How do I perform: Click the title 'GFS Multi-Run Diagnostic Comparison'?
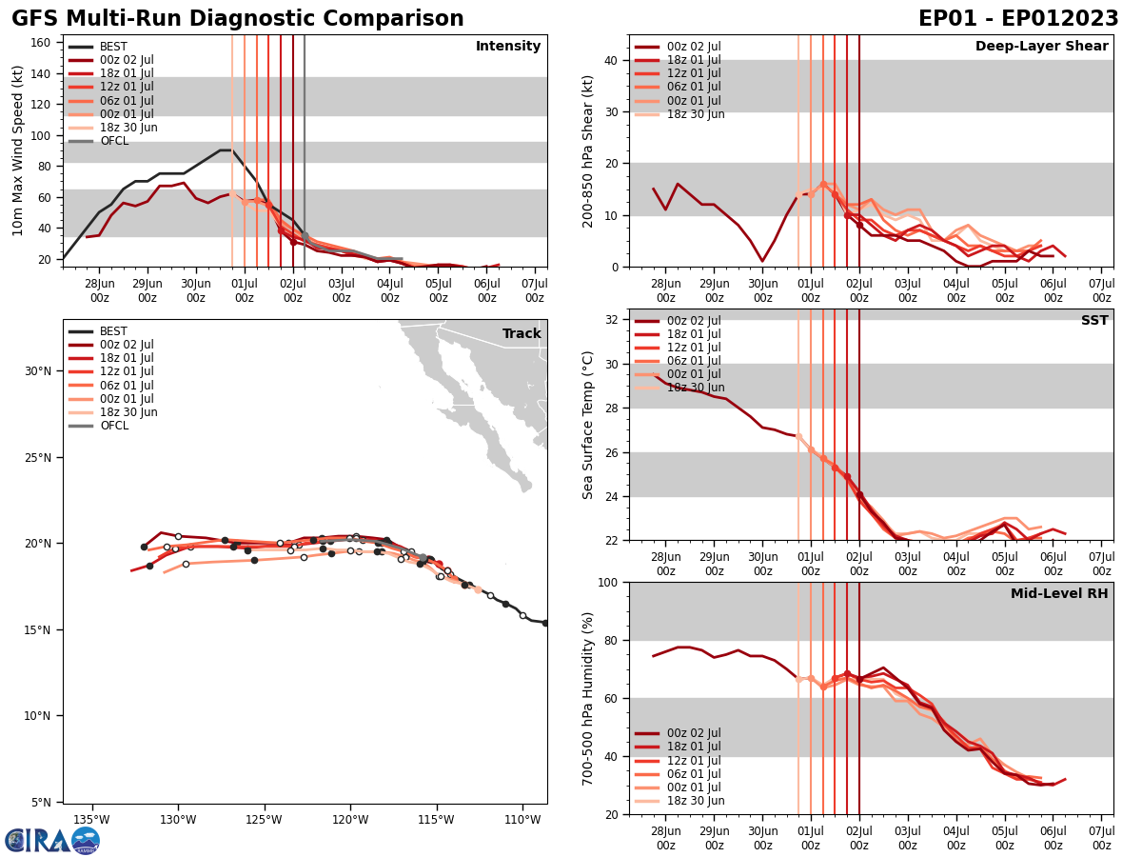coord(237,19)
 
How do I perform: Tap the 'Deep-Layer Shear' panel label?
coord(1041,47)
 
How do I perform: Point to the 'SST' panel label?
coord(1094,321)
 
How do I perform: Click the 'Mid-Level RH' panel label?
coord(1059,594)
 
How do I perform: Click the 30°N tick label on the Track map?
coord(45,371)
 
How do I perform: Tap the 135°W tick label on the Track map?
coord(91,820)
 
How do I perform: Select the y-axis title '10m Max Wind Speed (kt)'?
coord(18,150)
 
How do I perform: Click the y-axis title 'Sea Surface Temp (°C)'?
coord(588,425)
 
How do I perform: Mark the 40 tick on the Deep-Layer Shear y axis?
coord(611,60)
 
